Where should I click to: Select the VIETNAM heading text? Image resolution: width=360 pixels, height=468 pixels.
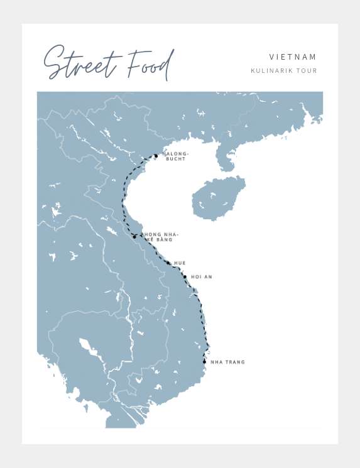293,57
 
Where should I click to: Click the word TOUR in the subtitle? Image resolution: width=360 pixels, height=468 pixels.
308,71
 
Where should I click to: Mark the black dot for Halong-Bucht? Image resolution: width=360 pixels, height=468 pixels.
156,155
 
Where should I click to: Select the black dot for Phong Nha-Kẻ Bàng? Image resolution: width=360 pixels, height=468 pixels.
134,237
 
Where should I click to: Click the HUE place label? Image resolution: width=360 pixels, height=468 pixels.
180,263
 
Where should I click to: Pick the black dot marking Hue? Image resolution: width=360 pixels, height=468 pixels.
168,263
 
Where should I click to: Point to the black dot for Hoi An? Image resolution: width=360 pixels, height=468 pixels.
185,276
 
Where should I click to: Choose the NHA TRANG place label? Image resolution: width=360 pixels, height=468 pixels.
227,362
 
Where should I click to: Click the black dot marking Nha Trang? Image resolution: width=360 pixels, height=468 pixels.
204,362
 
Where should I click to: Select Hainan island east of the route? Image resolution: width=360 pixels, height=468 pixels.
217,198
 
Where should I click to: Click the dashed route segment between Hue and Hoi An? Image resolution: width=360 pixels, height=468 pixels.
177,269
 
